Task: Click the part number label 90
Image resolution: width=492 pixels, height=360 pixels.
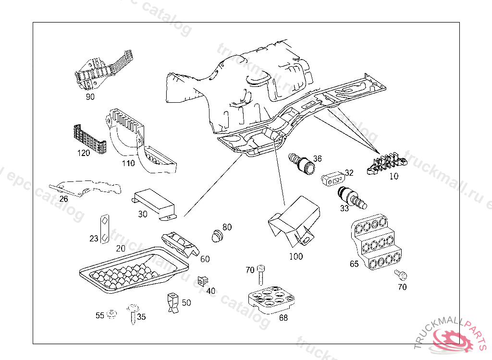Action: click(90, 96)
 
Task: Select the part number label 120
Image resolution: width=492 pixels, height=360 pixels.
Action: click(84, 153)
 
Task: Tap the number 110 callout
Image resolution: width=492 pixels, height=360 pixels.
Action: click(128, 163)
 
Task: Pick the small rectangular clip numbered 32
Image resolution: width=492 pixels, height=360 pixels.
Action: click(332, 178)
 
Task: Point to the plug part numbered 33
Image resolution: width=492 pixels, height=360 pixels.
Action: click(350, 197)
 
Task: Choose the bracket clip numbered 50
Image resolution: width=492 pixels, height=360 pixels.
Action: click(172, 303)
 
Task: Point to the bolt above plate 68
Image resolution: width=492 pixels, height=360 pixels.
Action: click(261, 275)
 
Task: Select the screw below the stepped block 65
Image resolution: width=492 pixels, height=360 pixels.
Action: click(401, 275)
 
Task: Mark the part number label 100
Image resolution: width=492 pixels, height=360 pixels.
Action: click(296, 256)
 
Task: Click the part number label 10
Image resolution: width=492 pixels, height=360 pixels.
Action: click(394, 176)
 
